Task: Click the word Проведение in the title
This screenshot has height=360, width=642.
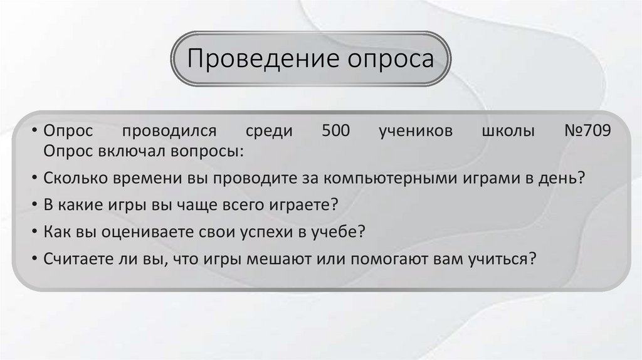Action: pyautogui.click(x=259, y=60)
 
